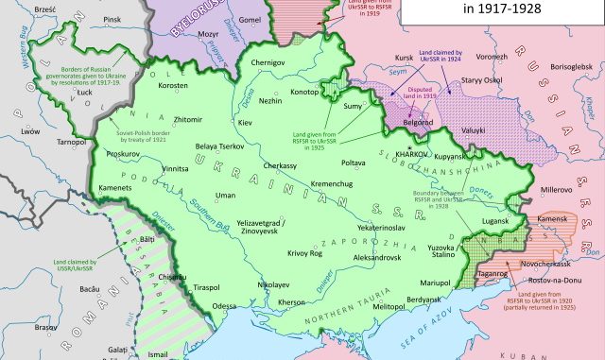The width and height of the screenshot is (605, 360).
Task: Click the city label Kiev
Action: tap(246, 124)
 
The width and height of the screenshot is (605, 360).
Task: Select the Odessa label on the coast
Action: tap(224, 306)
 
